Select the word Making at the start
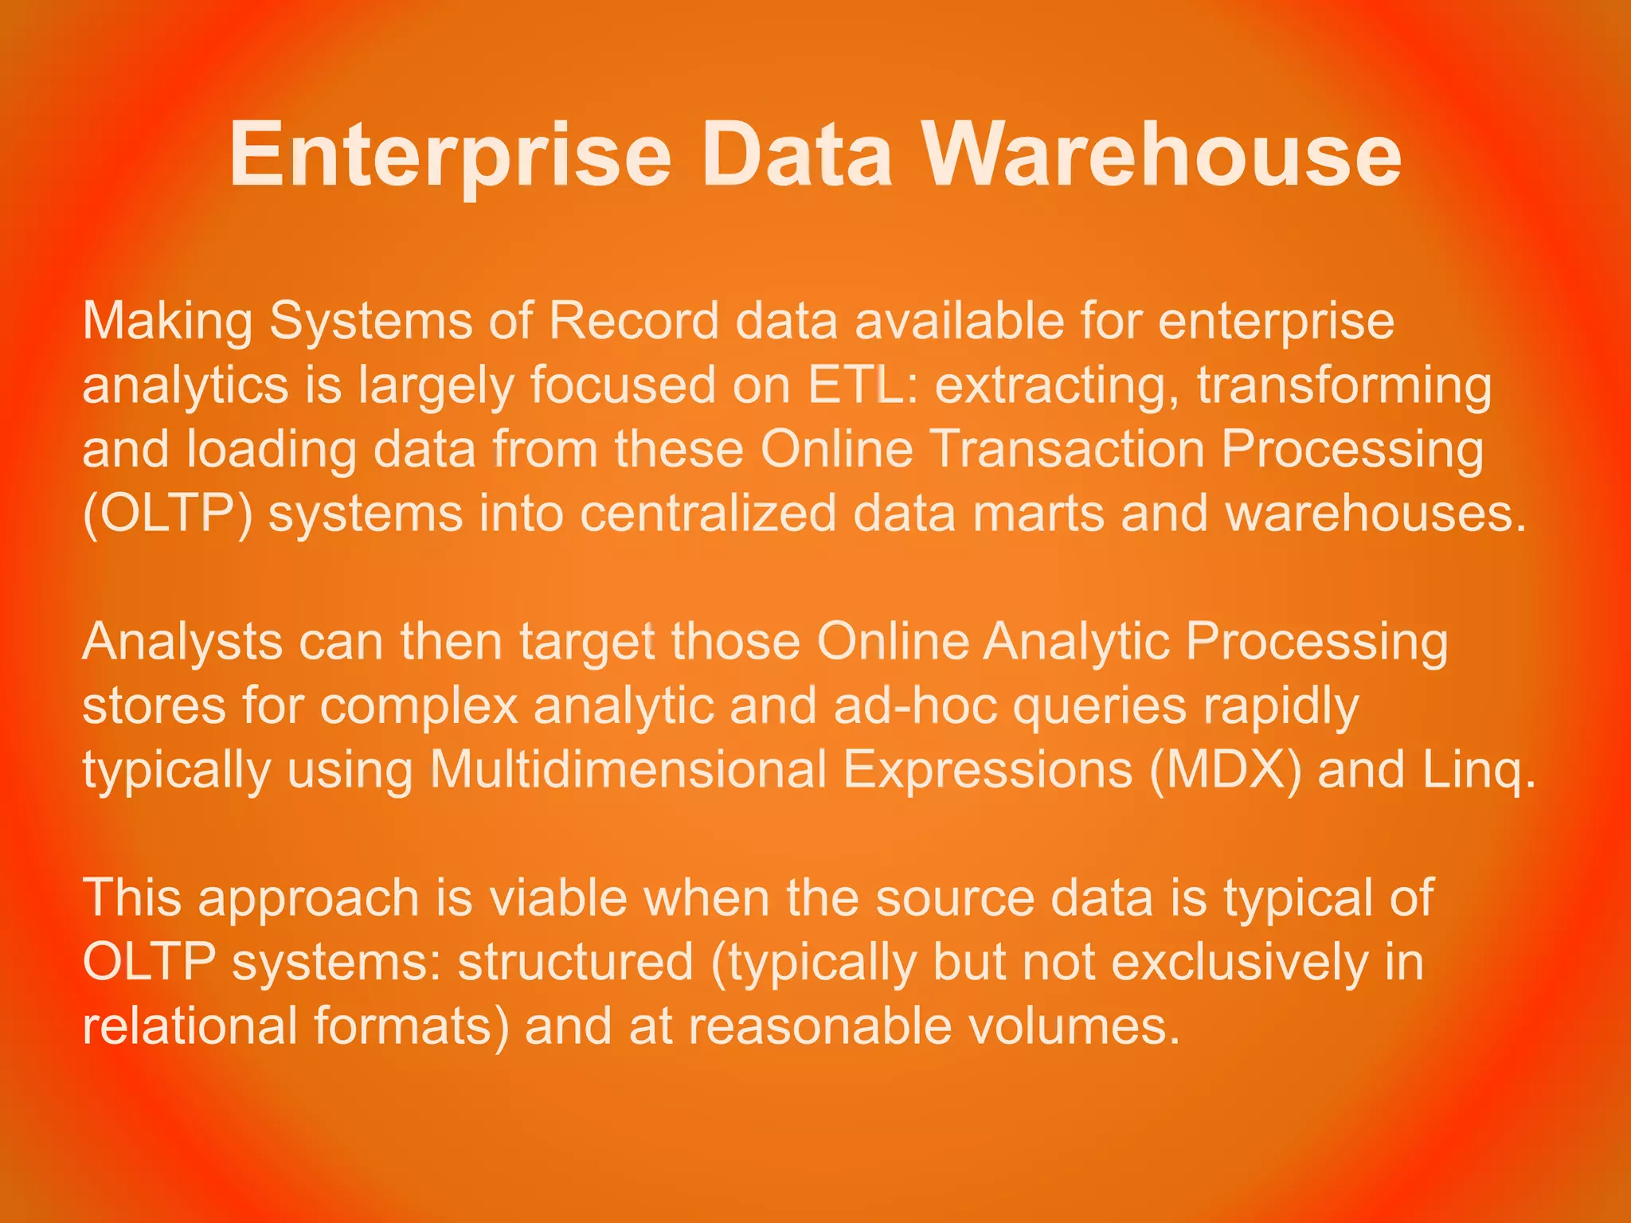point(167,322)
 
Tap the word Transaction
point(1068,449)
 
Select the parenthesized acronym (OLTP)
point(167,514)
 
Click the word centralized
point(708,514)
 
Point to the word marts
point(1038,514)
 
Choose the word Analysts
point(182,642)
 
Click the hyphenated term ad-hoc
point(915,705)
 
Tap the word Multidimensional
point(628,770)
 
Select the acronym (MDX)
point(1226,770)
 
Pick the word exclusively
point(1238,962)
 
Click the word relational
point(190,1026)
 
